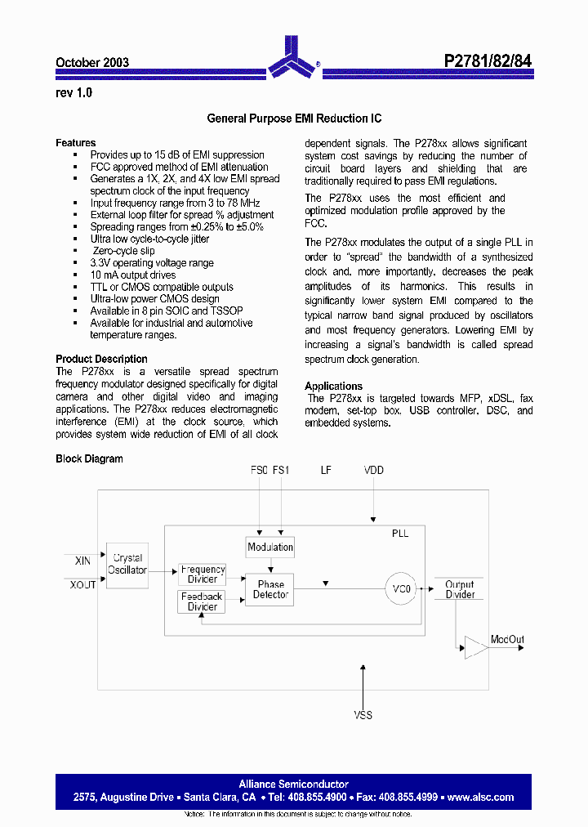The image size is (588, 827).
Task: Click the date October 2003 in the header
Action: [x=92, y=62]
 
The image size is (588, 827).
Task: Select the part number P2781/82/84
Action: [x=488, y=61]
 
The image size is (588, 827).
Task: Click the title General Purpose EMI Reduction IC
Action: [x=294, y=118]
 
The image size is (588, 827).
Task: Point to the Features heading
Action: [x=76, y=142]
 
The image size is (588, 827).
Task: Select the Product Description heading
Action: [x=101, y=359]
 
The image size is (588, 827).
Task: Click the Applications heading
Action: [x=333, y=386]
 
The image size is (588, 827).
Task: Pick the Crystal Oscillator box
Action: [x=127, y=564]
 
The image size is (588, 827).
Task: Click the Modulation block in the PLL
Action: [x=270, y=547]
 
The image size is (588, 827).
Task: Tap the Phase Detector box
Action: [x=270, y=589]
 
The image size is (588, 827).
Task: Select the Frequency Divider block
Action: [x=203, y=574]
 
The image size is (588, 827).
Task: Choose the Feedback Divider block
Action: [x=202, y=601]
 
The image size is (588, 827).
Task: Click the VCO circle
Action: [x=402, y=588]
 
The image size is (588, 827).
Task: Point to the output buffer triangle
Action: [x=474, y=647]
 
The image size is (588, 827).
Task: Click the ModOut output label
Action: [x=507, y=639]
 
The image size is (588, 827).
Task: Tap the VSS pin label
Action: [x=363, y=715]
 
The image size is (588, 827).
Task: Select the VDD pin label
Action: [x=373, y=470]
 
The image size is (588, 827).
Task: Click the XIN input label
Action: [x=82, y=561]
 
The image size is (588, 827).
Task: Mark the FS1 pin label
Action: [x=280, y=470]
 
